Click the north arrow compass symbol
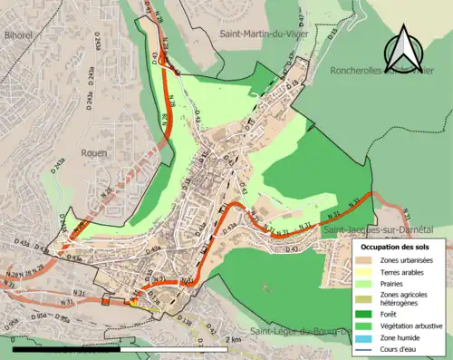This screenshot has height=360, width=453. pos(405,48)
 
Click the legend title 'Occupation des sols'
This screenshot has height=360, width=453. pos(396,246)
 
